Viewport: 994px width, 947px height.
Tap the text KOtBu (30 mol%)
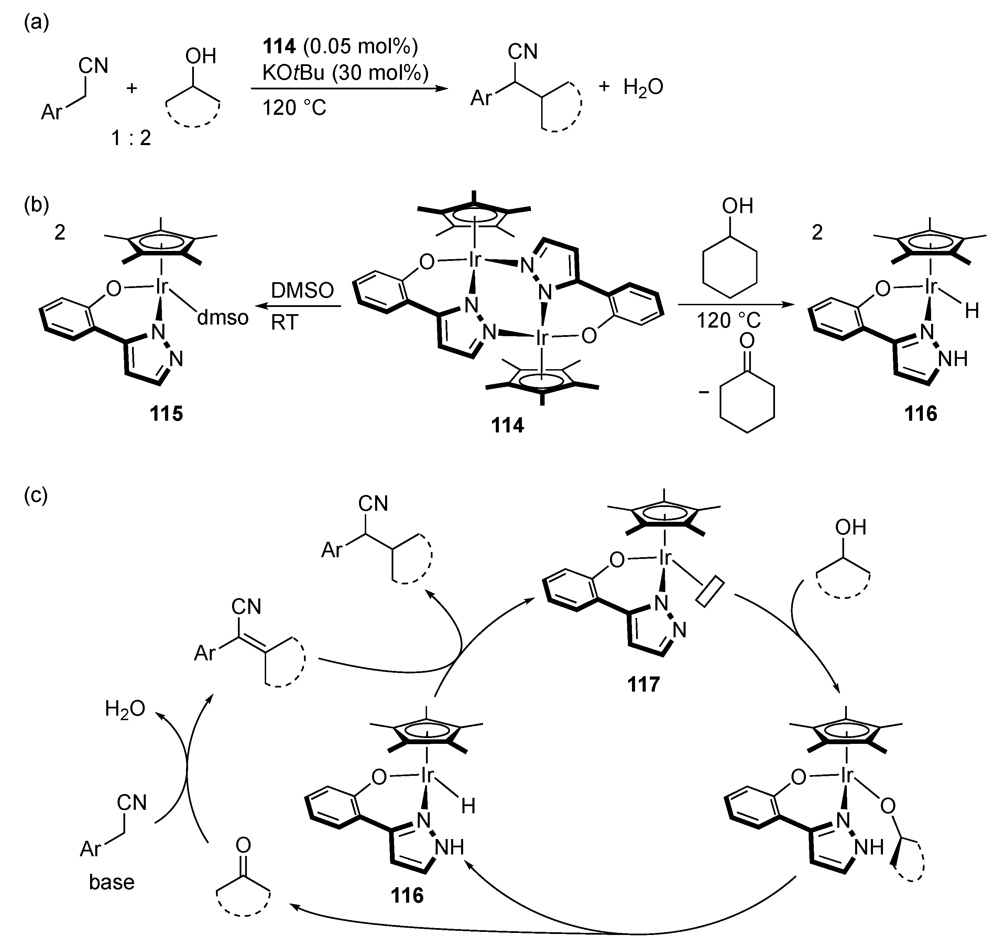[345, 74]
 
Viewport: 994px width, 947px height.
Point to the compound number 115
[166, 414]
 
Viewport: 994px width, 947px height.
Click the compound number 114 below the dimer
[507, 426]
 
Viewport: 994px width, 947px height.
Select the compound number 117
[644, 684]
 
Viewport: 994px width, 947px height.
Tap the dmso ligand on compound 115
[223, 318]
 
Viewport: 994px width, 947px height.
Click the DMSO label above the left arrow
[302, 291]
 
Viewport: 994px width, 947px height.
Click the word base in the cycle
[111, 882]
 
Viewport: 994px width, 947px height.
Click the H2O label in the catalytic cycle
[125, 709]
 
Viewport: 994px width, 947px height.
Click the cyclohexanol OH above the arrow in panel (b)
[738, 206]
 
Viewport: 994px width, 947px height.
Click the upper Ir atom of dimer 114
[474, 260]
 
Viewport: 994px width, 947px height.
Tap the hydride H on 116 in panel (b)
[971, 311]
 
